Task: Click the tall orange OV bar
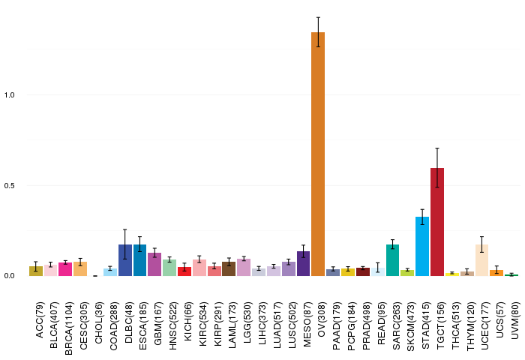click(x=318, y=154)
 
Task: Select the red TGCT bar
click(x=437, y=222)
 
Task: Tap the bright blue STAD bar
click(x=422, y=247)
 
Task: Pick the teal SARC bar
click(x=392, y=260)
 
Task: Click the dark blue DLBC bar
click(x=125, y=260)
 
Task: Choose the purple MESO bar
click(x=303, y=263)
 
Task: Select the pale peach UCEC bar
click(x=481, y=260)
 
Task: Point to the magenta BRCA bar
click(x=65, y=269)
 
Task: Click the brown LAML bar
click(x=229, y=269)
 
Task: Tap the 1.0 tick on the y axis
click(x=9, y=95)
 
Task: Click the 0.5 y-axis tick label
click(x=9, y=185)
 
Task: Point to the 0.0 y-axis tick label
click(x=9, y=275)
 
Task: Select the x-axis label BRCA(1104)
click(x=69, y=328)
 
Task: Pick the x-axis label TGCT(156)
click(x=441, y=325)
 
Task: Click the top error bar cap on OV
click(x=318, y=17)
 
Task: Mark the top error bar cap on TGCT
click(x=437, y=148)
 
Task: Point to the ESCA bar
click(x=140, y=260)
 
